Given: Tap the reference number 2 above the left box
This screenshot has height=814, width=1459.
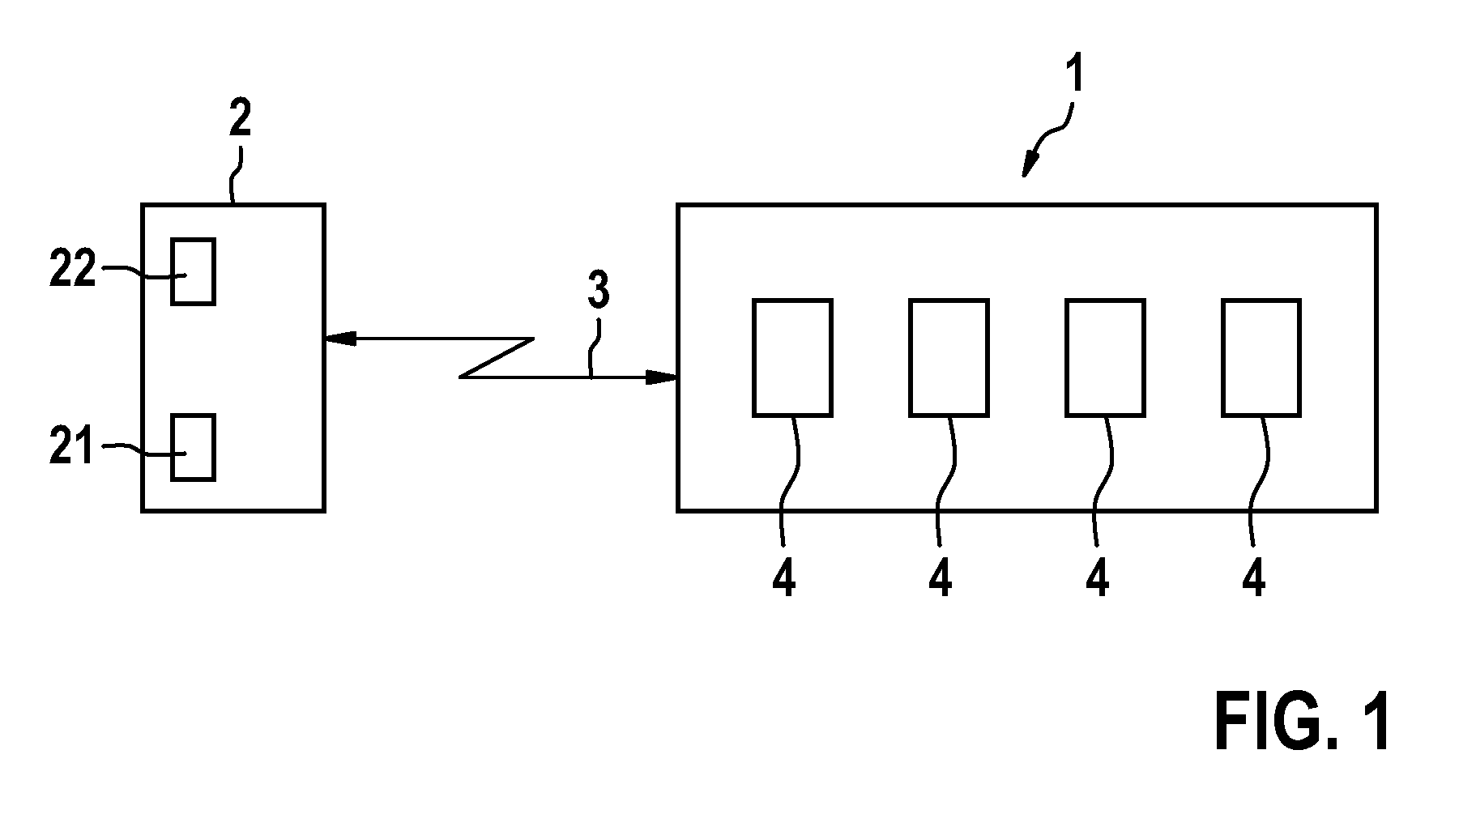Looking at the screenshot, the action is pos(241,120).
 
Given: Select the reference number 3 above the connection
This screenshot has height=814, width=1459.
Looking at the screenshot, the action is pos(598,292).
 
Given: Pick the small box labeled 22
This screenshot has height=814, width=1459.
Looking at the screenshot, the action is pos(193,271).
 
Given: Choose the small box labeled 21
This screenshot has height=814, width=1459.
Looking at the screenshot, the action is pos(193,447).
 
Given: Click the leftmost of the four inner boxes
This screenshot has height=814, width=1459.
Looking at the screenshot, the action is pos(792,357).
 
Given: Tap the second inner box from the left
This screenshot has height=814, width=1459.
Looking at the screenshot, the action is pos(949,357).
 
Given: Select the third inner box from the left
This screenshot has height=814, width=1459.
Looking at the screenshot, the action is pos(1105,357).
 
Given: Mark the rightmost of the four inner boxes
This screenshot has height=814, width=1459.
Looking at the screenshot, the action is pos(1261,357).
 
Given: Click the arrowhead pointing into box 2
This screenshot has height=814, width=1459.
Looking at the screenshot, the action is pos(339,338).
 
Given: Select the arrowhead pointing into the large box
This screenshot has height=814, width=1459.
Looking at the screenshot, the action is pos(662,377).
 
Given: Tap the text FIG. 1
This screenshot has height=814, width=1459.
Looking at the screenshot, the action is pos(1302,720).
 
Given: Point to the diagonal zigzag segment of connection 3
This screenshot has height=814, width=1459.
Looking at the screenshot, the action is pos(497,357).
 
